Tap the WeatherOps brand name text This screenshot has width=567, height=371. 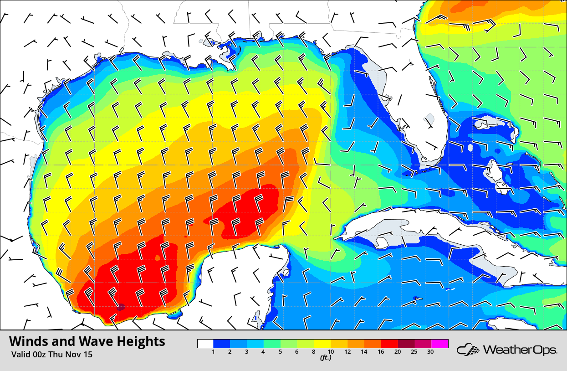tap(520, 350)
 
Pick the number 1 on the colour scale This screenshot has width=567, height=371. tap(213, 351)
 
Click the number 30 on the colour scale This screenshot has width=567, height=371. tap(430, 351)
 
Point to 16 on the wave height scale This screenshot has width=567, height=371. tap(380, 351)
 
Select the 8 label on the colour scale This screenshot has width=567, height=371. tap(313, 351)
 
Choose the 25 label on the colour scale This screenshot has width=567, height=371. tap(414, 351)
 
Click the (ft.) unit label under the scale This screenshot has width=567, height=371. tap(325, 358)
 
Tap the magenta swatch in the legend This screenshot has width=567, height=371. tap(440, 344)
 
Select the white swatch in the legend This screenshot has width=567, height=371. tap(205, 344)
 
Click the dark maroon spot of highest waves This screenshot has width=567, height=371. tap(121, 307)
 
